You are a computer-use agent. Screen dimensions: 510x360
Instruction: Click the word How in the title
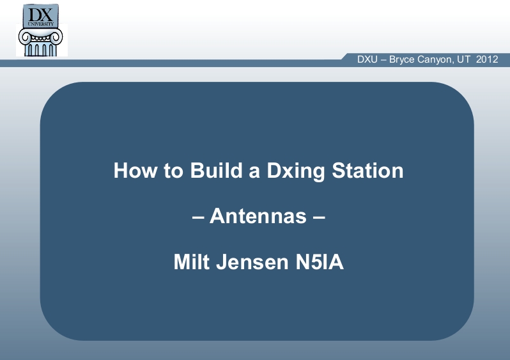(x=135, y=170)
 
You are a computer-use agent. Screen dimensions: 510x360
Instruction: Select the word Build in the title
(x=216, y=170)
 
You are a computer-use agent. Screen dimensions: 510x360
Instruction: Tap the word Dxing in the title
(x=296, y=171)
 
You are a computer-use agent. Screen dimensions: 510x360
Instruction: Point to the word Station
(x=367, y=170)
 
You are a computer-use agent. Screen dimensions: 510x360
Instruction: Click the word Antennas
(x=258, y=215)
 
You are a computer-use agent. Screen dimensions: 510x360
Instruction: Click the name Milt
(x=192, y=262)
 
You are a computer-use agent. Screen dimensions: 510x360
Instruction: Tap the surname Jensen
(x=252, y=262)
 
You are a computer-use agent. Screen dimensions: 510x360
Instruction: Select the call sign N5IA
(x=320, y=262)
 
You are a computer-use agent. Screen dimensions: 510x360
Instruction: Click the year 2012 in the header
(x=487, y=59)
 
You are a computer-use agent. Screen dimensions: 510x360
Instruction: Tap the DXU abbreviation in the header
(x=367, y=59)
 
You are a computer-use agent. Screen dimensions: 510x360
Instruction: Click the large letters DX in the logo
(x=40, y=15)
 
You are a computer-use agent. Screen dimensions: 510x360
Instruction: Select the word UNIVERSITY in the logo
(x=41, y=24)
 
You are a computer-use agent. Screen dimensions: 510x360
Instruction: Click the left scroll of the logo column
(x=24, y=37)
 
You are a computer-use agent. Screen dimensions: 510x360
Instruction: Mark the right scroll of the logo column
(x=56, y=36)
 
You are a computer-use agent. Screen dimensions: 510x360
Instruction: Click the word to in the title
(x=173, y=171)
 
